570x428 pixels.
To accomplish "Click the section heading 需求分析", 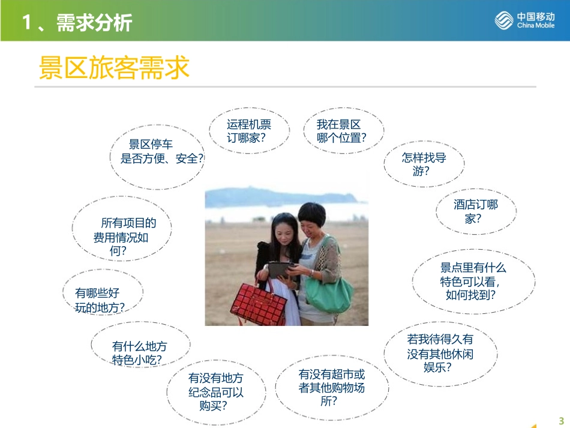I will tap(77, 23).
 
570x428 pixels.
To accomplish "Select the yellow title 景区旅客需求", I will tap(114, 68).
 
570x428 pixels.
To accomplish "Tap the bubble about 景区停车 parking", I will tap(157, 152).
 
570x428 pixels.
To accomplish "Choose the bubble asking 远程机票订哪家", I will tap(248, 131).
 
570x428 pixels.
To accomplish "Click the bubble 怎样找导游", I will tap(424, 164).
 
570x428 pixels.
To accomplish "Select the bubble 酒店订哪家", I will tap(475, 211).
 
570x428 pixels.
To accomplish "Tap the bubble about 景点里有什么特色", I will tap(473, 282).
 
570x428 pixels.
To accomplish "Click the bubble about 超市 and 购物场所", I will tap(331, 387).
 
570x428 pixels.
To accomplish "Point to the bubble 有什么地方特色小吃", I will tap(140, 353).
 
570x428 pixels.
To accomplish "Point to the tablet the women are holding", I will tap(280, 270).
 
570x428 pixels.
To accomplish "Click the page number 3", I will tap(561, 420).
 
